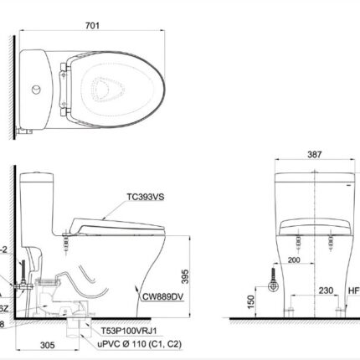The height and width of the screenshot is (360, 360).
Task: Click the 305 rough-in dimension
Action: click(x=47, y=343)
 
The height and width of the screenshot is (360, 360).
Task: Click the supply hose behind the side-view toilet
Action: click(x=20, y=285)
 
